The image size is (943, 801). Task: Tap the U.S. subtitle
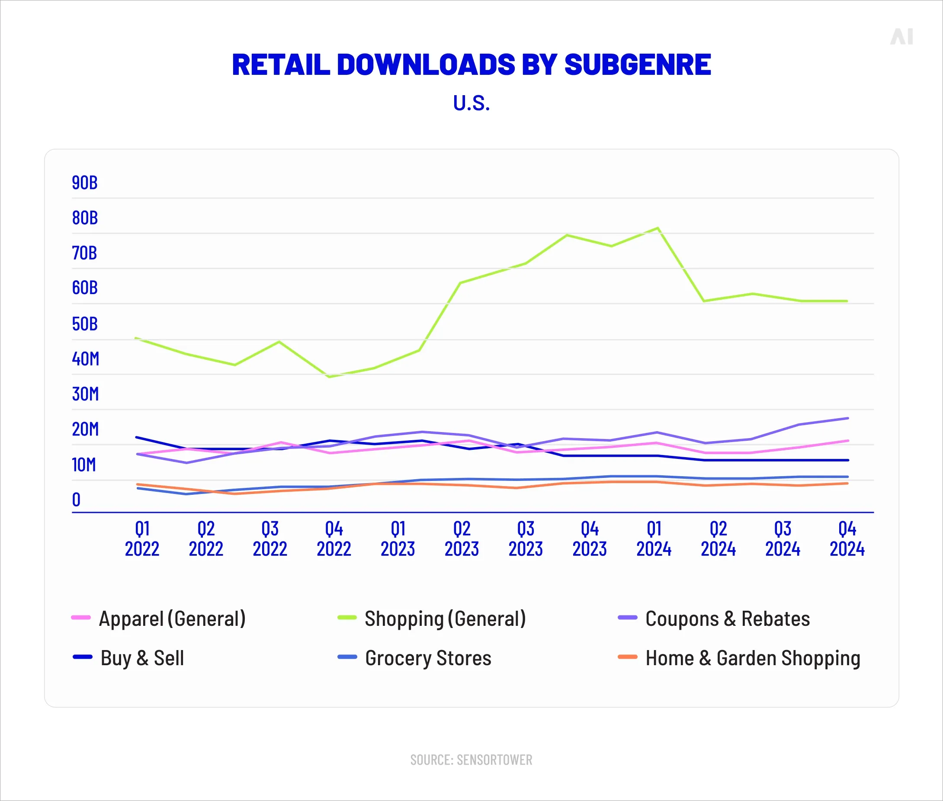coord(471,103)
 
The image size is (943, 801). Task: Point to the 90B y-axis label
coord(84,183)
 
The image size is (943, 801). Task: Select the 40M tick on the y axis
coord(85,359)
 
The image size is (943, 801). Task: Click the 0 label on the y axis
coord(76,500)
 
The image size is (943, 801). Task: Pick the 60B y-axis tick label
coord(84,288)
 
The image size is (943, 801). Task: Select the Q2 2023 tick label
coord(461,539)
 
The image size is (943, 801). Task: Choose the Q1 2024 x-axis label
coord(654,539)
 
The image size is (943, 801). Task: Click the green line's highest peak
coord(658,228)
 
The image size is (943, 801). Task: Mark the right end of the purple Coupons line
coord(848,418)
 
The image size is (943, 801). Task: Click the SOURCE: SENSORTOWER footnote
coord(471,759)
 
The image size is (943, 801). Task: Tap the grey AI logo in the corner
coord(901,36)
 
